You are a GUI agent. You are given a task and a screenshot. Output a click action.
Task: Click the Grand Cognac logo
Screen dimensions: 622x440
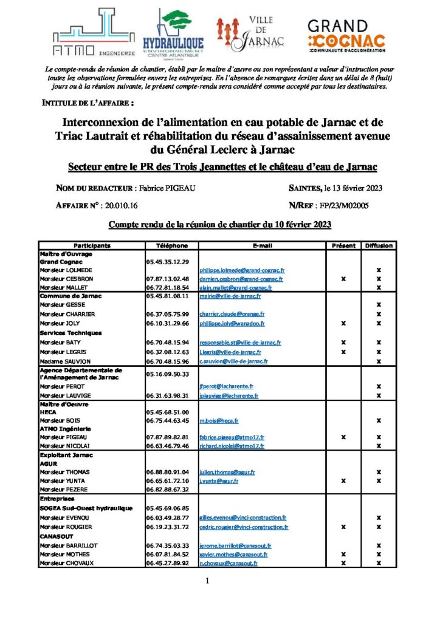tap(346, 33)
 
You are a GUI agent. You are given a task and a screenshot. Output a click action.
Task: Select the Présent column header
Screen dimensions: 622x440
tap(343, 246)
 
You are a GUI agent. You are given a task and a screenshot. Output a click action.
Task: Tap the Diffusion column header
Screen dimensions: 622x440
tap(379, 246)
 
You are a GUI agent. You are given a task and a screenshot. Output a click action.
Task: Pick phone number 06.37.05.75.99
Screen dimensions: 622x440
tap(168, 314)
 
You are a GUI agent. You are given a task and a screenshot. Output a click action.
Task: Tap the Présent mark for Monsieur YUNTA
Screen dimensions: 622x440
tap(343, 480)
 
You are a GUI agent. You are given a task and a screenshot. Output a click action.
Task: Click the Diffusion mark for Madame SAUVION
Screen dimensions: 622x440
tap(379, 361)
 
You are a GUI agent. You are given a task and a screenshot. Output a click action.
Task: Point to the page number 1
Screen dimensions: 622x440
tap(207, 581)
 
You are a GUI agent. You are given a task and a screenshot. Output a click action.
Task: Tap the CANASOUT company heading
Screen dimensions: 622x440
tap(56, 536)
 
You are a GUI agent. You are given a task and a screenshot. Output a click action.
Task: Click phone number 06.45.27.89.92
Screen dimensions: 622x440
tap(168, 564)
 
